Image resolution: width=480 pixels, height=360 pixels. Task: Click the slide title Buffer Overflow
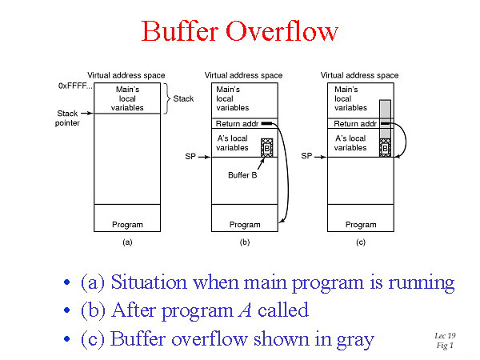(240, 31)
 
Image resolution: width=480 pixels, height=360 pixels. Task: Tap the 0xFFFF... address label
(74, 85)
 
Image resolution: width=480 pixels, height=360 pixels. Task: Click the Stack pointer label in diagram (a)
(69, 118)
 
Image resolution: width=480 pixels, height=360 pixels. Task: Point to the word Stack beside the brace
(183, 98)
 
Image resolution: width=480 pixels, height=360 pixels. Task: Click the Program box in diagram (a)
(127, 225)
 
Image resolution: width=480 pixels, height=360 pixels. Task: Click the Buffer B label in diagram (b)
(243, 175)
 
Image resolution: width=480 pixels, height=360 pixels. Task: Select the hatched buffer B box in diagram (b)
(267, 148)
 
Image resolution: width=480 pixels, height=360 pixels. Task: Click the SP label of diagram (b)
(190, 157)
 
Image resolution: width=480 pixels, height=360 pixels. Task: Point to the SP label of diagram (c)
(307, 157)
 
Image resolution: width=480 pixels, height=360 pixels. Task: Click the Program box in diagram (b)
(245, 225)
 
